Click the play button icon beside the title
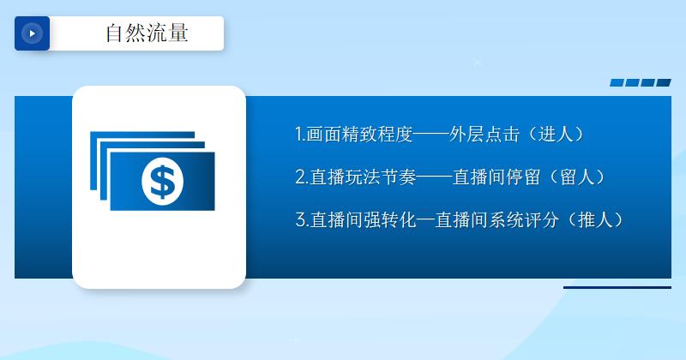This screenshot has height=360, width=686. [x=32, y=33]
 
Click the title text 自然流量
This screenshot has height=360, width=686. [x=147, y=33]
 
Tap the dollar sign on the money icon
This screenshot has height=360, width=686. [x=162, y=180]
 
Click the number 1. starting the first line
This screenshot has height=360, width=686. [x=300, y=135]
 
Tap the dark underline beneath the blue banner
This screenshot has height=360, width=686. [x=617, y=288]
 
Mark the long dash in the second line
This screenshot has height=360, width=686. [x=435, y=177]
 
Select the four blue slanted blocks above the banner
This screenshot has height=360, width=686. [x=640, y=83]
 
